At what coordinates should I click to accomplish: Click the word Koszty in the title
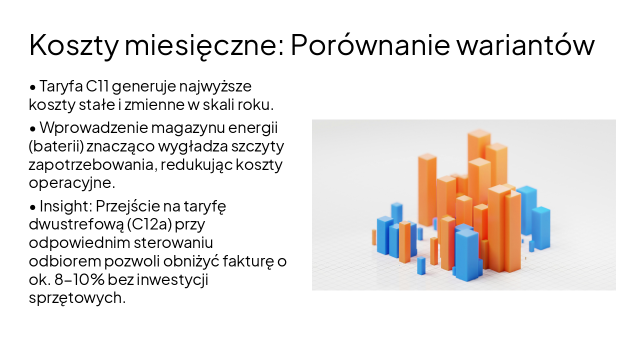pyautogui.click(x=73, y=45)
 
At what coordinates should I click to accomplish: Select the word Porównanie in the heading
pyautogui.click(x=367, y=45)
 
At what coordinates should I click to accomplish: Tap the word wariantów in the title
pyautogui.click(x=525, y=45)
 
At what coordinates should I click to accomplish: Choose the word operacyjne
pyautogui.click(x=71, y=183)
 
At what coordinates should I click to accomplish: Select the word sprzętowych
pyautogui.click(x=76, y=298)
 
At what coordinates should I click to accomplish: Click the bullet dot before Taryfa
pyautogui.click(x=33, y=87)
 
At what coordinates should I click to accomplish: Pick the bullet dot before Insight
pyautogui.click(x=33, y=207)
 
